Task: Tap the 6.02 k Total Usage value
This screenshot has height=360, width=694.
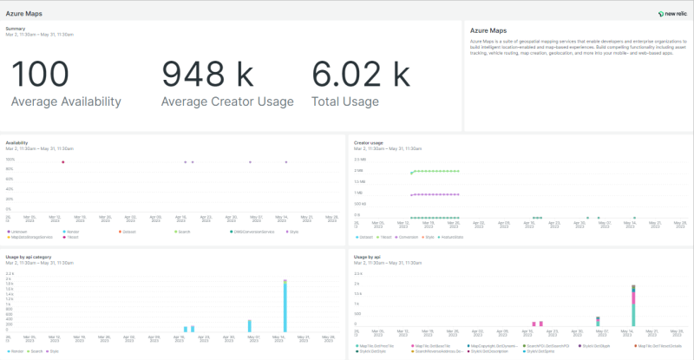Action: (x=360, y=74)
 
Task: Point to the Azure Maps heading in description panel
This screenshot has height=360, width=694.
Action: (x=488, y=29)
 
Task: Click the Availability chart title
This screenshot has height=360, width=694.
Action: (x=16, y=142)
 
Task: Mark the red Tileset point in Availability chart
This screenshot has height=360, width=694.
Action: (x=63, y=162)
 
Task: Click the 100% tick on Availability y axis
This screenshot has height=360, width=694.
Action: (x=10, y=160)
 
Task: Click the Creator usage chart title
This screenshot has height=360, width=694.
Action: (x=369, y=142)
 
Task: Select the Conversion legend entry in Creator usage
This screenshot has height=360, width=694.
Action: (x=409, y=237)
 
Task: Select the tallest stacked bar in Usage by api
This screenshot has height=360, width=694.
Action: (x=633, y=307)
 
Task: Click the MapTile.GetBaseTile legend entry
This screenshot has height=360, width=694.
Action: (x=430, y=345)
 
